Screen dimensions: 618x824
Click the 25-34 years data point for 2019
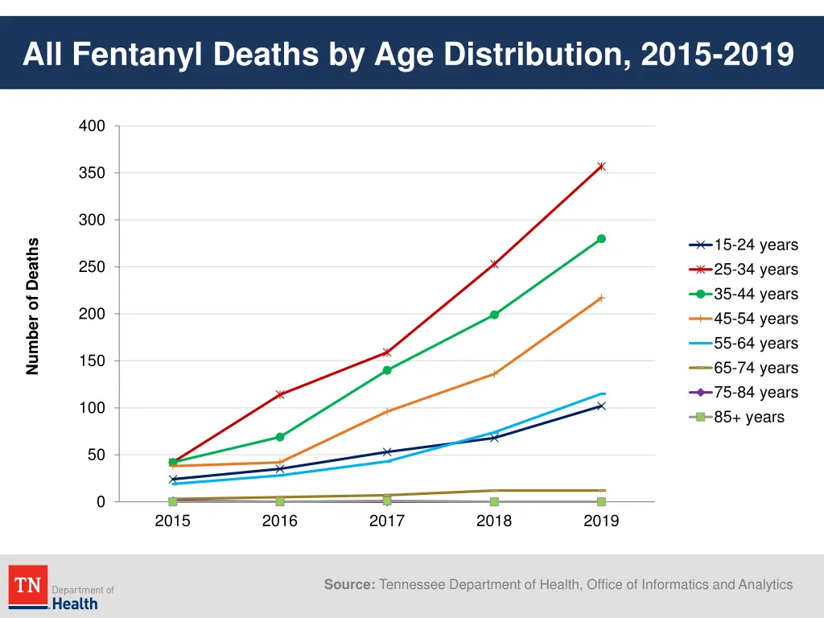[601, 167]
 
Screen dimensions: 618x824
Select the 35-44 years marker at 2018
[494, 315]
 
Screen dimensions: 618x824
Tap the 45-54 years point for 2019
[601, 298]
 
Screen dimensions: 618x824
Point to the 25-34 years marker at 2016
[280, 394]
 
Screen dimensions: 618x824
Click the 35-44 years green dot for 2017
[387, 370]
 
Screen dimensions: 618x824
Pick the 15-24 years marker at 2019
[601, 406]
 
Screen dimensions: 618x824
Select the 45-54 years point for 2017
[387, 411]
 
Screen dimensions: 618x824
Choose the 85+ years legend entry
[743, 418]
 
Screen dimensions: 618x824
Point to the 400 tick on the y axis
[92, 126]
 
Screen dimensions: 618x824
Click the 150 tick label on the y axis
[92, 361]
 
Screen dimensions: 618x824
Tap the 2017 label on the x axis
[387, 521]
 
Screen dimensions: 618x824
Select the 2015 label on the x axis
[172, 521]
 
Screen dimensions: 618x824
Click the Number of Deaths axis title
[33, 307]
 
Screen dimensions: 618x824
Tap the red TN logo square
[28, 586]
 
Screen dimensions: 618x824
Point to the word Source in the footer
[349, 585]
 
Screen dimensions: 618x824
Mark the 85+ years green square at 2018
[494, 502]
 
